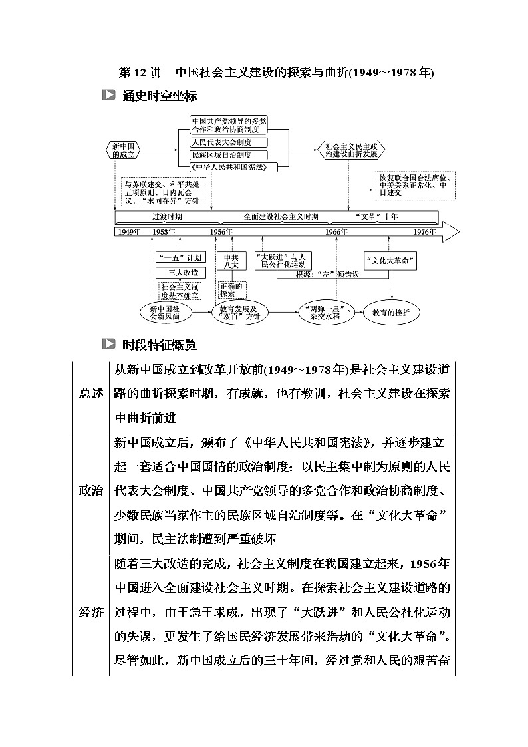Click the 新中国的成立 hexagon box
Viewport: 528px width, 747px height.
(x=124, y=150)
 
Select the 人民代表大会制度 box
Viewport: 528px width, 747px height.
(x=219, y=142)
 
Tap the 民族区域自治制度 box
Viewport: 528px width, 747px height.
(x=219, y=154)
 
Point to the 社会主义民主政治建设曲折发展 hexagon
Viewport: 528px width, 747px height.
(x=350, y=149)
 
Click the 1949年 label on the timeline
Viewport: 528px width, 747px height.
(x=128, y=231)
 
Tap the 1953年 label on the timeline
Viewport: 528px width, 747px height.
(x=164, y=231)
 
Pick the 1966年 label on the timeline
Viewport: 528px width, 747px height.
(x=336, y=231)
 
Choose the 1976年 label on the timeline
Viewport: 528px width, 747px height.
(x=424, y=231)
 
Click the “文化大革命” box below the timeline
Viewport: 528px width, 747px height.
(x=391, y=261)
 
